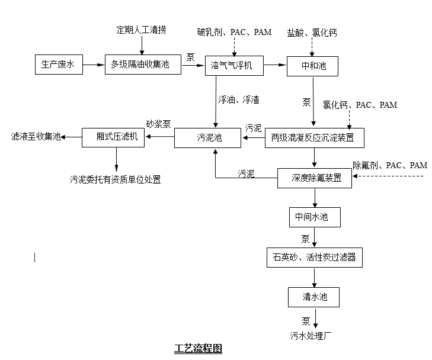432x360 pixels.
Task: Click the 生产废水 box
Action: click(58, 65)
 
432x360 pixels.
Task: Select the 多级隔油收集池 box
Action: click(144, 65)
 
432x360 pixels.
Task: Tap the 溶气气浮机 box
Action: click(232, 66)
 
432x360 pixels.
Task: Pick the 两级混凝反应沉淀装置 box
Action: click(313, 138)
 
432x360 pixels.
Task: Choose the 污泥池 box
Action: click(208, 138)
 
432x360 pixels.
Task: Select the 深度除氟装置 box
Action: click(314, 178)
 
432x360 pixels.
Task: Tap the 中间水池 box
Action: click(314, 217)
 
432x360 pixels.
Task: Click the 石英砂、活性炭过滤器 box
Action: click(314, 258)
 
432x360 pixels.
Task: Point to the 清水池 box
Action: click(314, 297)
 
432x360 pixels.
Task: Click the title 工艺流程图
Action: click(197, 348)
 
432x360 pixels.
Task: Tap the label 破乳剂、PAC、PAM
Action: click(234, 32)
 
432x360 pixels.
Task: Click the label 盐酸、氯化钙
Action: click(312, 33)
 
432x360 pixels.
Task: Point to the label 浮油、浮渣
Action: click(238, 99)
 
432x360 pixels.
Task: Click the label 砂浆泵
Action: click(159, 124)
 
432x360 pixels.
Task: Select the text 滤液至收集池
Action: click(36, 137)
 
